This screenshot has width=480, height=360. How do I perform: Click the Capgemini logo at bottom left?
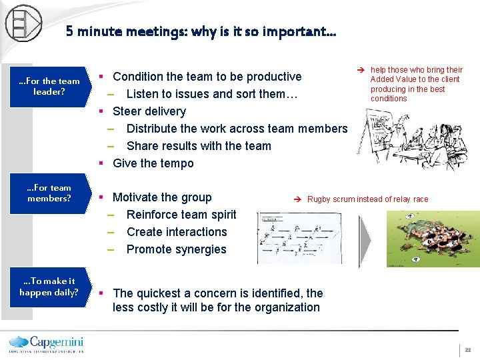[x=45, y=343]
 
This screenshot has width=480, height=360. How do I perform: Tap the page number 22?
[x=468, y=350]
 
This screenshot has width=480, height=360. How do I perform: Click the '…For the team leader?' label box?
[x=49, y=86]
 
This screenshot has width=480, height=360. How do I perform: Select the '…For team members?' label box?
[x=49, y=193]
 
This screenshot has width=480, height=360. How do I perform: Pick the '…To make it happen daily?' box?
[x=49, y=287]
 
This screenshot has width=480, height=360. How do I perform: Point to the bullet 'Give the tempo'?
[x=153, y=163]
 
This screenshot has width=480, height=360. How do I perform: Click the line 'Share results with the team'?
[x=199, y=146]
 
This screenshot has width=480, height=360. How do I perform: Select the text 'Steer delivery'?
[x=149, y=111]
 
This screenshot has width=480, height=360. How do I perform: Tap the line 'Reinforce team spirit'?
[x=181, y=215]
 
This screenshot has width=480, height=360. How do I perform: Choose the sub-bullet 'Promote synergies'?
[x=177, y=249]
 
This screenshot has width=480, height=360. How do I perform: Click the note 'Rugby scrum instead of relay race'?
[x=367, y=199]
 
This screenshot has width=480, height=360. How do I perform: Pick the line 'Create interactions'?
[x=177, y=232]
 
